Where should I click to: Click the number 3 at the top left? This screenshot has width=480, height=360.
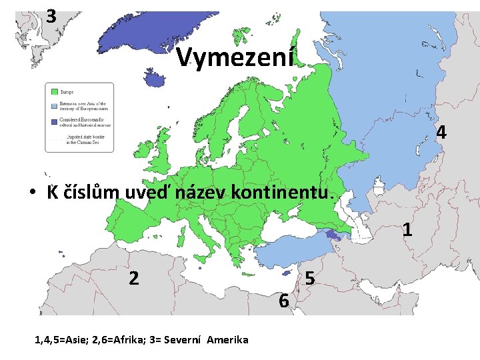(51, 15)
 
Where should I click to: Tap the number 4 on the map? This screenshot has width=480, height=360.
(441, 133)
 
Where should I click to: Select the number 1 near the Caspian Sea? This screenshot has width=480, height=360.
(407, 231)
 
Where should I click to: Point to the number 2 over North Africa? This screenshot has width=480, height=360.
(133, 278)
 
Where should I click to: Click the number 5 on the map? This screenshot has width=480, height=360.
(309, 279)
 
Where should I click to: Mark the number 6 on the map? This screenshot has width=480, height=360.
(283, 301)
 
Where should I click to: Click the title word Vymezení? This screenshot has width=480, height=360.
(235, 59)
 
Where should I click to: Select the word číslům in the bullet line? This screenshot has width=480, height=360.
(93, 193)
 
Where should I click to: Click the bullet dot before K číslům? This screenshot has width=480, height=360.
(32, 194)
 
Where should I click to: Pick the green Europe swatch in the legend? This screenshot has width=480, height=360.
(52, 91)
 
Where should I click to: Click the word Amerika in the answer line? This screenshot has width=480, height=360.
(227, 340)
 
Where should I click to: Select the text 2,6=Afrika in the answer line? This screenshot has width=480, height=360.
(106, 340)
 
